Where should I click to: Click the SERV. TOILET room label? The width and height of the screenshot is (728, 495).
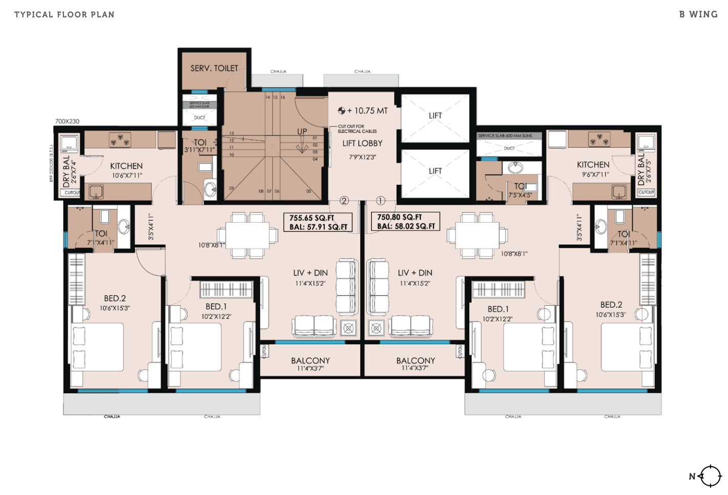pos(214,68)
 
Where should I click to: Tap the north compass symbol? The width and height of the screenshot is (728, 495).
pos(710,476)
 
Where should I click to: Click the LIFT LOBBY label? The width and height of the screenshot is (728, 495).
pos(362,144)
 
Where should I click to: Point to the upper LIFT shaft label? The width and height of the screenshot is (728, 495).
pos(435,116)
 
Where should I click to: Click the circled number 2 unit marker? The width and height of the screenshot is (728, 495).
pos(344,201)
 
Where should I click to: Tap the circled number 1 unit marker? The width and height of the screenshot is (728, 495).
pos(381,201)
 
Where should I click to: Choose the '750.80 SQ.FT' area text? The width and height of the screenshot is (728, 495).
pos(400,217)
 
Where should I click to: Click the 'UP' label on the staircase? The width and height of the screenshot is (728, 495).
pos(302,132)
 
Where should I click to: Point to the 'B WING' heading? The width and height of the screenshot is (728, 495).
pos(698,14)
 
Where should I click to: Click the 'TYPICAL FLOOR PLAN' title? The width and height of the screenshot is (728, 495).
pos(65,14)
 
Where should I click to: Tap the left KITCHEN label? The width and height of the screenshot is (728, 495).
pos(127,166)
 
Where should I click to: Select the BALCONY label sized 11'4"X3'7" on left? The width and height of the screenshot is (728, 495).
pos(310,361)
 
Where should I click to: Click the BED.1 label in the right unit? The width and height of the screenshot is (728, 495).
pos(498,309)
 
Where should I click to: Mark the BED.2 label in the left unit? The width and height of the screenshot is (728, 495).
pos(115,299)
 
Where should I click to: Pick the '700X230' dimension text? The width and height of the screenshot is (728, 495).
pos(67,122)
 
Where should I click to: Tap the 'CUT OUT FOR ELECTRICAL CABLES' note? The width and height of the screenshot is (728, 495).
pos(357,129)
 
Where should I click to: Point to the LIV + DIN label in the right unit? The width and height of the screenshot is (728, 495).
pos(415,273)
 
